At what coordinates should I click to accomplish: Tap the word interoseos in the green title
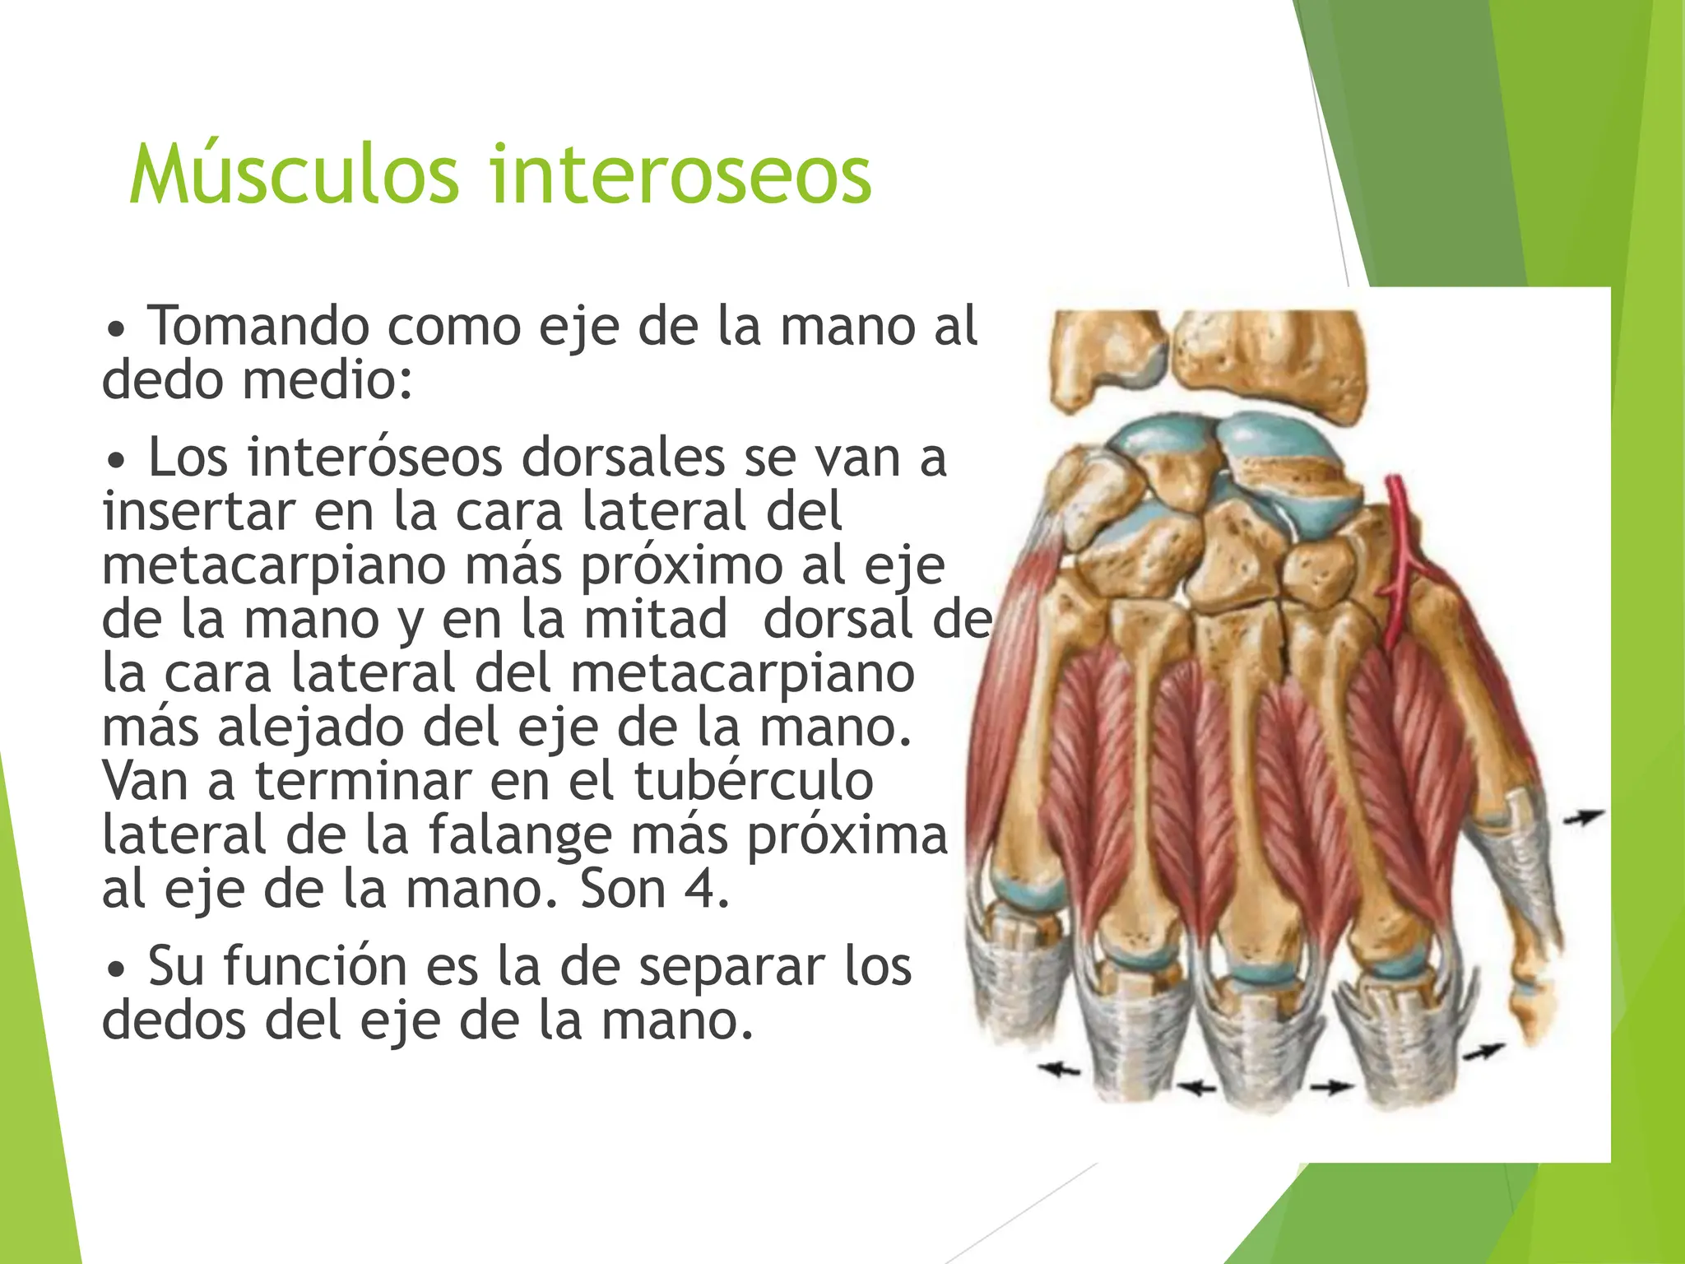click(x=680, y=174)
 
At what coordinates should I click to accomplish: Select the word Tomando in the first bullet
click(x=258, y=326)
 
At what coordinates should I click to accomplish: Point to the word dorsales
click(x=623, y=458)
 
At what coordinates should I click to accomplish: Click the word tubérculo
click(x=753, y=781)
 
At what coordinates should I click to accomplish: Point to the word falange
click(x=520, y=835)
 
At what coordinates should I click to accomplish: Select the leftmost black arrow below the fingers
click(x=1059, y=1070)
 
